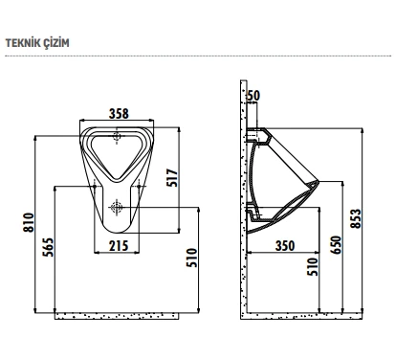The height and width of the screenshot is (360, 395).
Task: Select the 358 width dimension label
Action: pyautogui.click(x=119, y=114)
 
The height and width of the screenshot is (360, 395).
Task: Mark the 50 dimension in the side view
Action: pyautogui.click(x=253, y=95)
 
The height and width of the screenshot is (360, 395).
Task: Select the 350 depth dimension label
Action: pyautogui.click(x=284, y=245)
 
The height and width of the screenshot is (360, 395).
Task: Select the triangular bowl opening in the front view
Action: pyautogui.click(x=118, y=153)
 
